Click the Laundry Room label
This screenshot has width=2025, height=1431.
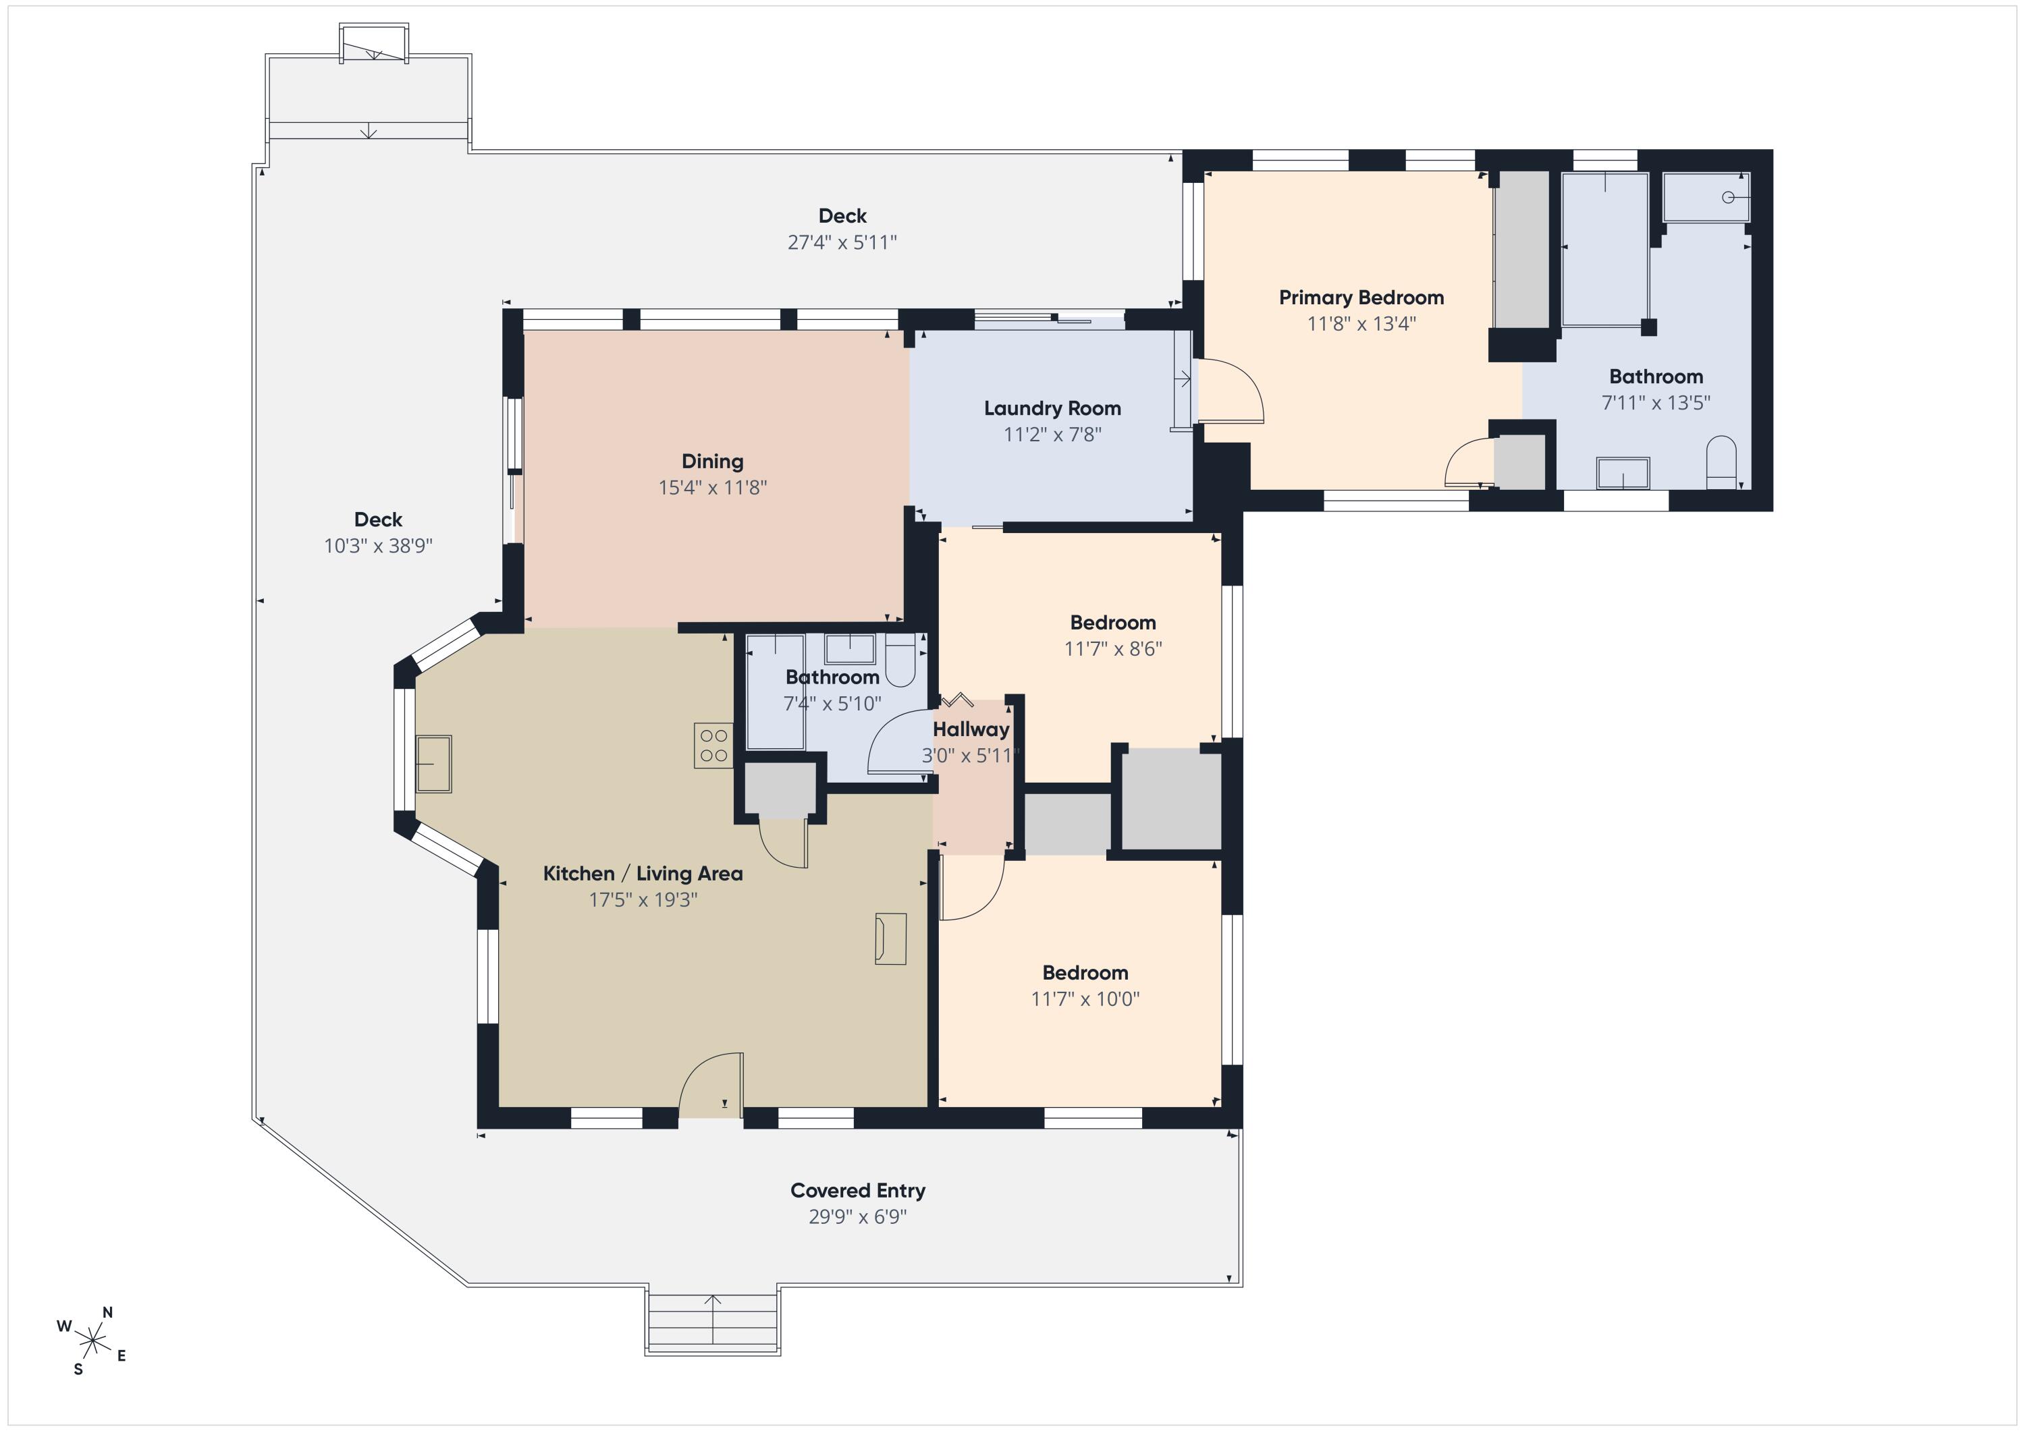1052,408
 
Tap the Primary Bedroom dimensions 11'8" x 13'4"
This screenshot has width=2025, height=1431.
1361,324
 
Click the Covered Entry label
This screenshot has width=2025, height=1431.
857,1190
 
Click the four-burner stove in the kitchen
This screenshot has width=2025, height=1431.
713,745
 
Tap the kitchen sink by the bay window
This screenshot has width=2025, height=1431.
433,764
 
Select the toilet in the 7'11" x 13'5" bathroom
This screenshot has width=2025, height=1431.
1721,463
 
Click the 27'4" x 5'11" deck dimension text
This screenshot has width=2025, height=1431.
842,242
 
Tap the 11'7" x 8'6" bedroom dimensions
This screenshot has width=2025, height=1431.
1112,649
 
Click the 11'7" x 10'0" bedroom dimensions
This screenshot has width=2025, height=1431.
1085,999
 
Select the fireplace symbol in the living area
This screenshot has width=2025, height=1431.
890,938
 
